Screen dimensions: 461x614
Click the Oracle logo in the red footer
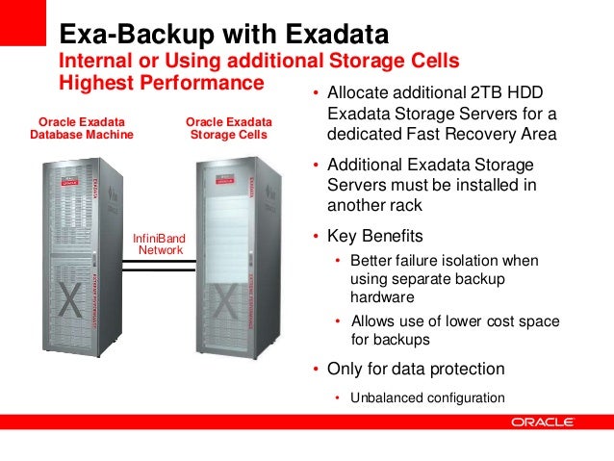coord(544,422)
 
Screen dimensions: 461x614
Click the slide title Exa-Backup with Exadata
coord(223,36)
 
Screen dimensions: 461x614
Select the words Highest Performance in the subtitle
coord(162,84)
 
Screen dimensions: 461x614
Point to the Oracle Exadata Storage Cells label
coord(228,128)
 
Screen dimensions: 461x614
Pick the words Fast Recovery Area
coord(499,133)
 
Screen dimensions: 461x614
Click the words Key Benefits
coord(375,236)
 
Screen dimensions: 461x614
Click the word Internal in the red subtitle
coord(95,62)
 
